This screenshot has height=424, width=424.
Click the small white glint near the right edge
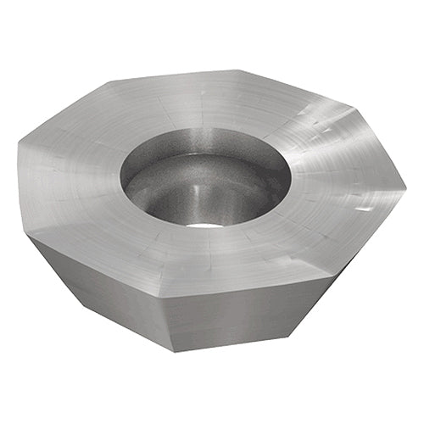tap(363, 208)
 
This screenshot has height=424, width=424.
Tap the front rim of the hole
tap(204, 227)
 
